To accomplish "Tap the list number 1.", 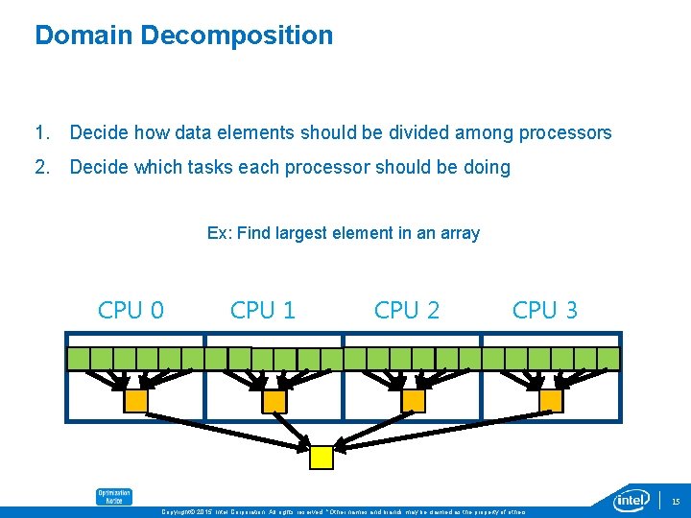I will click(41, 133).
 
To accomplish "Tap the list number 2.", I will click(41, 168).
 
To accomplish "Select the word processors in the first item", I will click(563, 133).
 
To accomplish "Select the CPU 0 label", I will click(131, 310).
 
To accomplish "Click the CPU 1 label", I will click(263, 310).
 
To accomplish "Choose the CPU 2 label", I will click(407, 310).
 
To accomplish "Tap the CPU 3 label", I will click(545, 310).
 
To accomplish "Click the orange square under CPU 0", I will click(136, 400).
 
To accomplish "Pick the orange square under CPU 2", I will click(413, 400).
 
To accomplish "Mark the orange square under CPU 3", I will click(551, 400).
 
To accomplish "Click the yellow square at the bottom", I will click(321, 458).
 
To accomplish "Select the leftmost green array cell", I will click(78, 359).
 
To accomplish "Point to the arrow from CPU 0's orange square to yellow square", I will click(226, 428).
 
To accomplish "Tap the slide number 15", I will click(676, 501).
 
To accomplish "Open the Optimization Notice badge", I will click(113, 497).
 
